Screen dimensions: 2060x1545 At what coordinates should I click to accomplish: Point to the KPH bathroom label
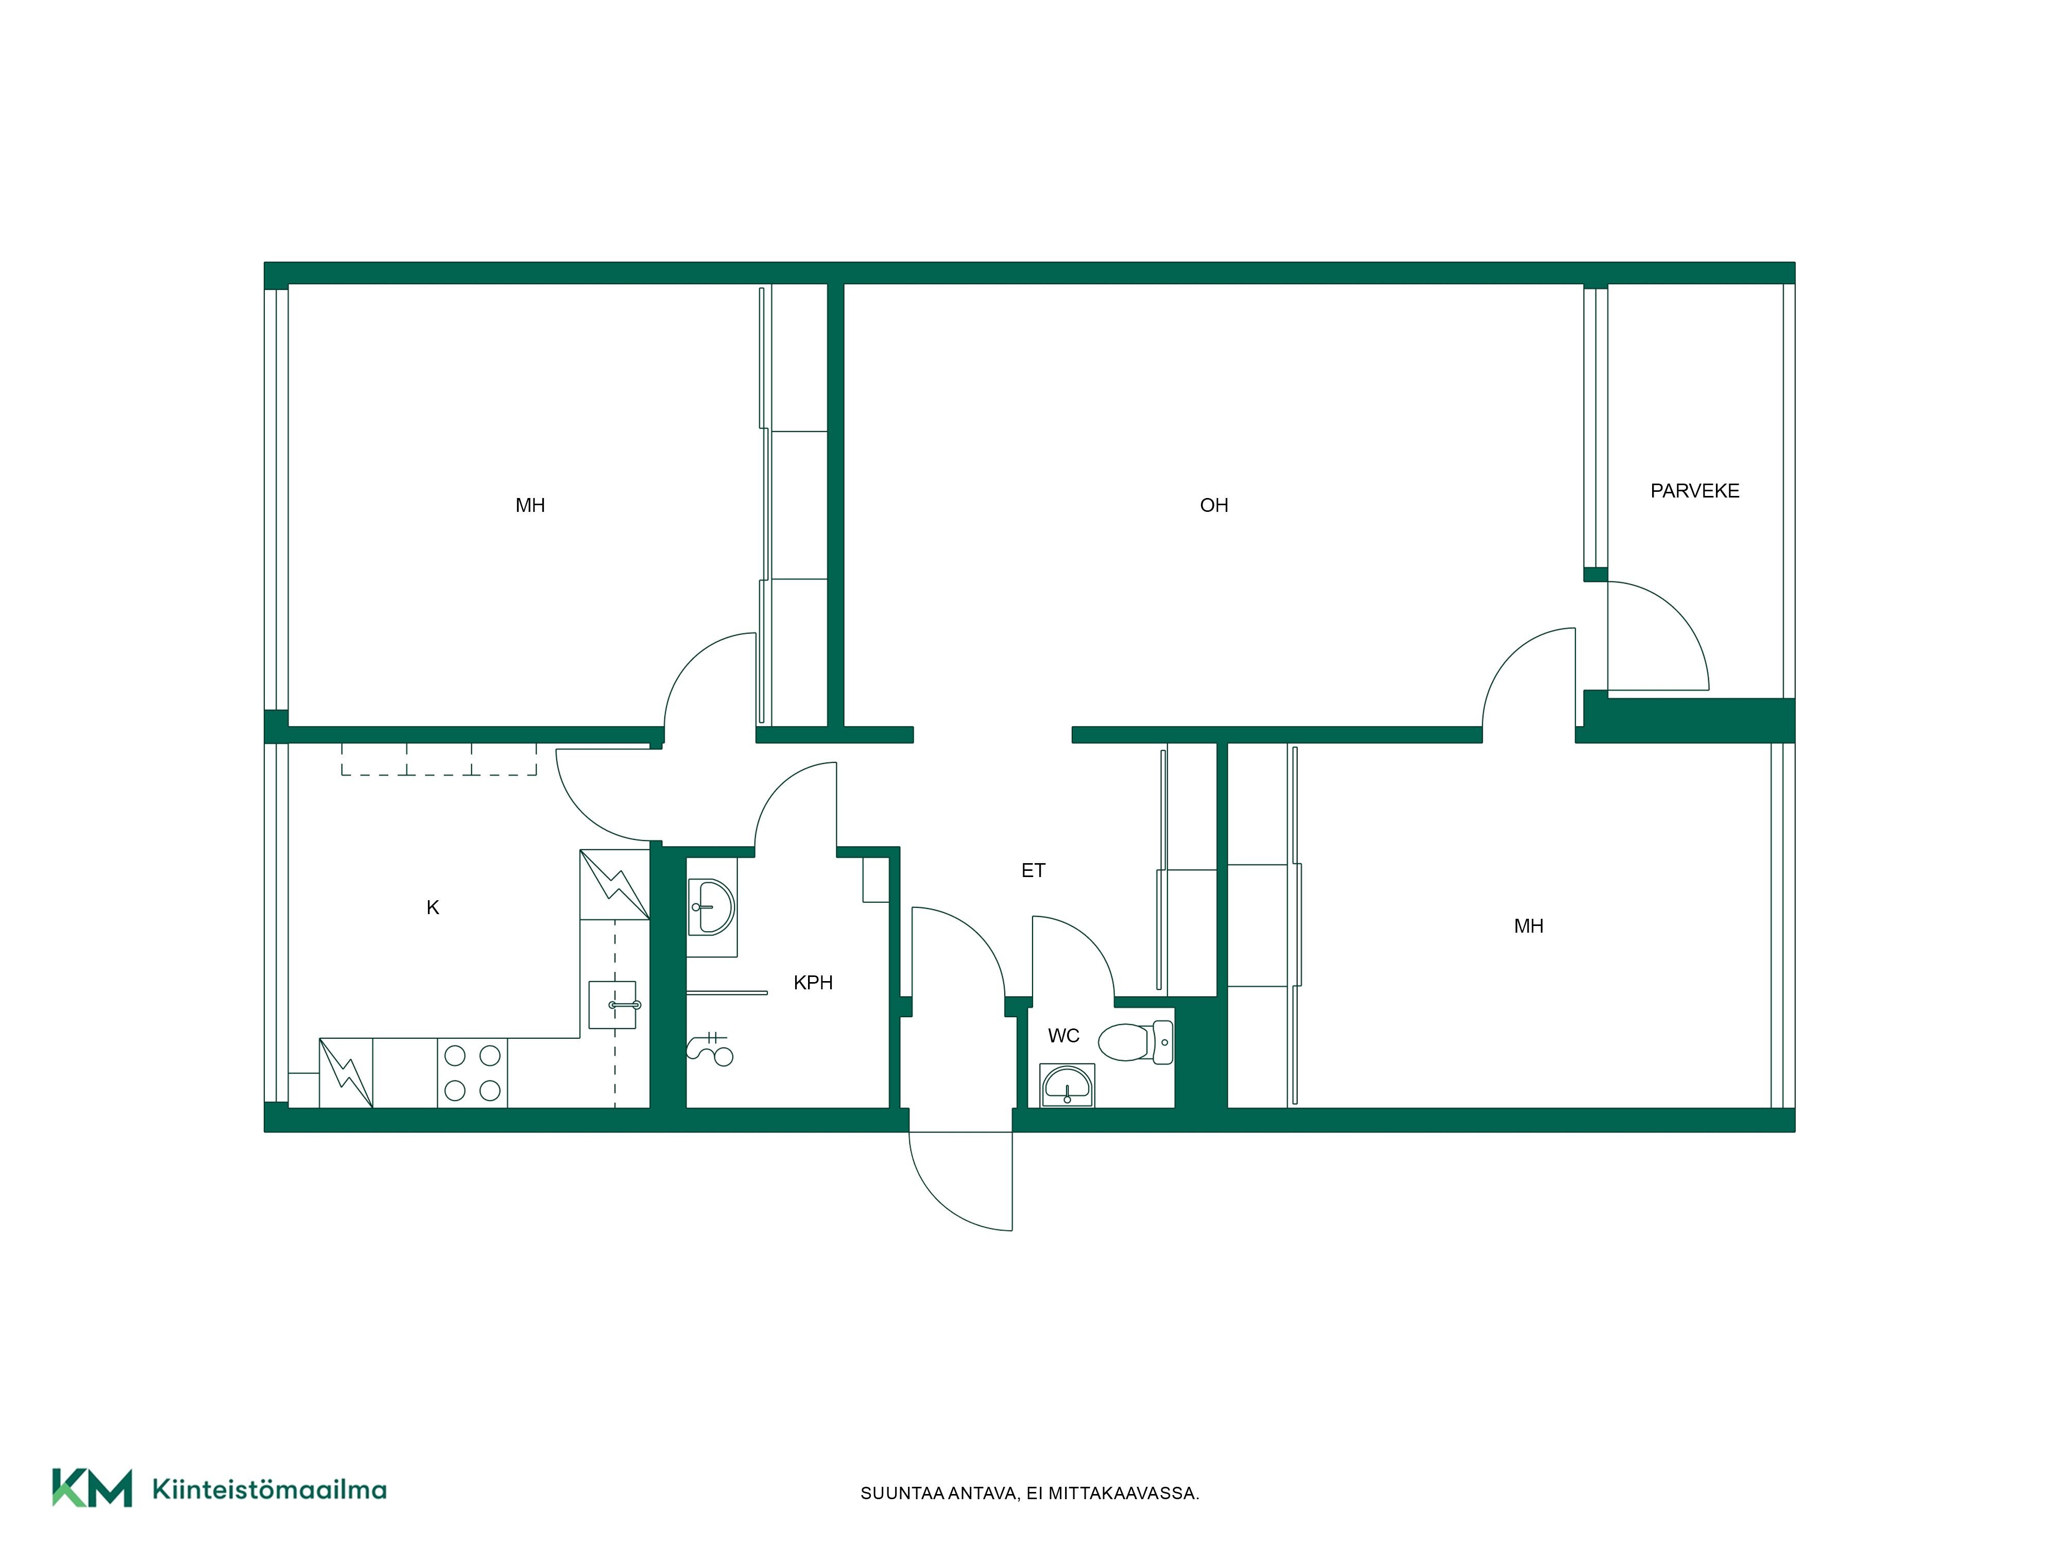click(813, 983)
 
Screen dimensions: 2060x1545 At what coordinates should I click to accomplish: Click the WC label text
click(1063, 1036)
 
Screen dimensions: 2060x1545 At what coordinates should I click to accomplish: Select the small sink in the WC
click(1067, 1086)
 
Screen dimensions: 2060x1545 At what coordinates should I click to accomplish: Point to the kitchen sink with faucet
click(613, 1005)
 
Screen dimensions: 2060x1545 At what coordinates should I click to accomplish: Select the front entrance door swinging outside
click(960, 1181)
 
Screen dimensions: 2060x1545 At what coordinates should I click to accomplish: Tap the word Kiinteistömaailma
click(269, 1489)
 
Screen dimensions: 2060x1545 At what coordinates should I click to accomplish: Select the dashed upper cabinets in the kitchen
click(439, 760)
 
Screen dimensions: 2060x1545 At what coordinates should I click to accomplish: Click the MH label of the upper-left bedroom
click(530, 506)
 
